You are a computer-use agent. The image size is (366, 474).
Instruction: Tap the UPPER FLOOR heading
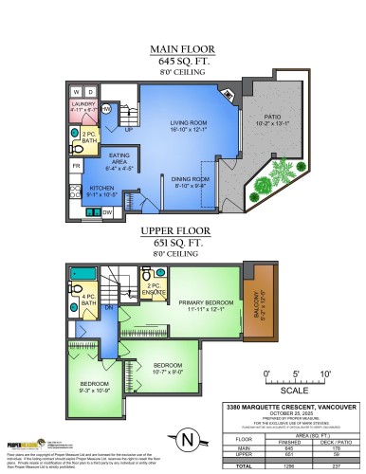(x=182, y=230)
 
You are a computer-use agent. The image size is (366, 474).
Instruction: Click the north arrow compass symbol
(x=181, y=440)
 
